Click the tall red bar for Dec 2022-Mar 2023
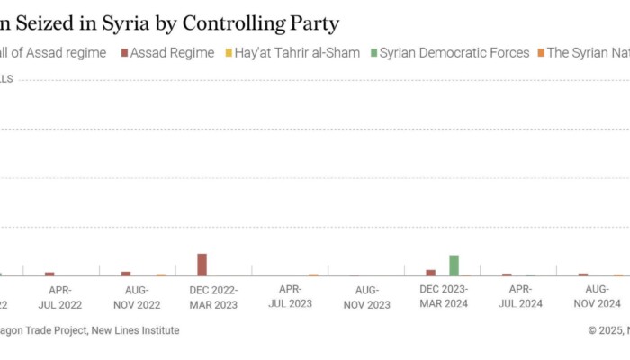click(x=202, y=264)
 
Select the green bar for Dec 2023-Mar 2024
click(x=454, y=265)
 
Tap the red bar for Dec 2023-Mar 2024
click(x=431, y=272)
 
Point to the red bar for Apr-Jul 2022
click(x=49, y=274)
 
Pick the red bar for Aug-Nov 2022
click(x=126, y=273)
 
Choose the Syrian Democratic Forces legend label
click(x=454, y=53)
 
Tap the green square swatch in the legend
click(x=372, y=53)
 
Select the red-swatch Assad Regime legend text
click(x=172, y=53)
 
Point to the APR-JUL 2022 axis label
click(x=59, y=297)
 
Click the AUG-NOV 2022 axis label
click(x=136, y=297)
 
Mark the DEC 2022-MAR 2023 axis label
click(x=213, y=297)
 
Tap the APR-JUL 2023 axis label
click(x=290, y=297)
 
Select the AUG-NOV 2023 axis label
click(x=366, y=297)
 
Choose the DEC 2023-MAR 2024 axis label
click(x=444, y=297)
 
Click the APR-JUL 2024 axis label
click(x=520, y=297)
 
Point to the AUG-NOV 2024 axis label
click(x=597, y=297)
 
